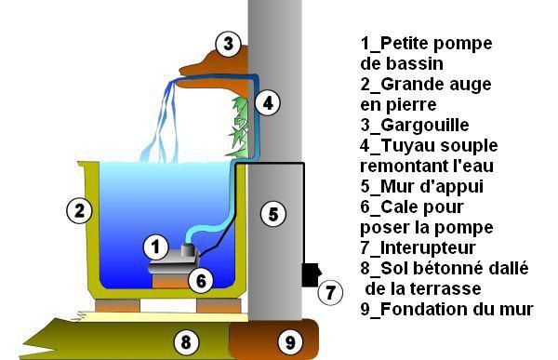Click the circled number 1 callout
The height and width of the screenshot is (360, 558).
(155, 247)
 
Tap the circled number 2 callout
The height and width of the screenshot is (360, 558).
(79, 210)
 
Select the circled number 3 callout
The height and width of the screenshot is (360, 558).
(229, 44)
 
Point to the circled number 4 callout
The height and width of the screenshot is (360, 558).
(268, 103)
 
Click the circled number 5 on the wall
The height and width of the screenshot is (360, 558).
(272, 214)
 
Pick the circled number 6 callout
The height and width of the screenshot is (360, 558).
(201, 280)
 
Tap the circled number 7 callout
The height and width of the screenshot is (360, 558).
(330, 292)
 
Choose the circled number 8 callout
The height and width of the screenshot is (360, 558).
(186, 342)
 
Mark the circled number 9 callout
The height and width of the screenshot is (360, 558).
(290, 342)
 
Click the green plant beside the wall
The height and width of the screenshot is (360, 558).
(238, 127)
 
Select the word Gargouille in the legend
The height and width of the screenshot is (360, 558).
(425, 126)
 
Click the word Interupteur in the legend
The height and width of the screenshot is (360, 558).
(428, 248)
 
